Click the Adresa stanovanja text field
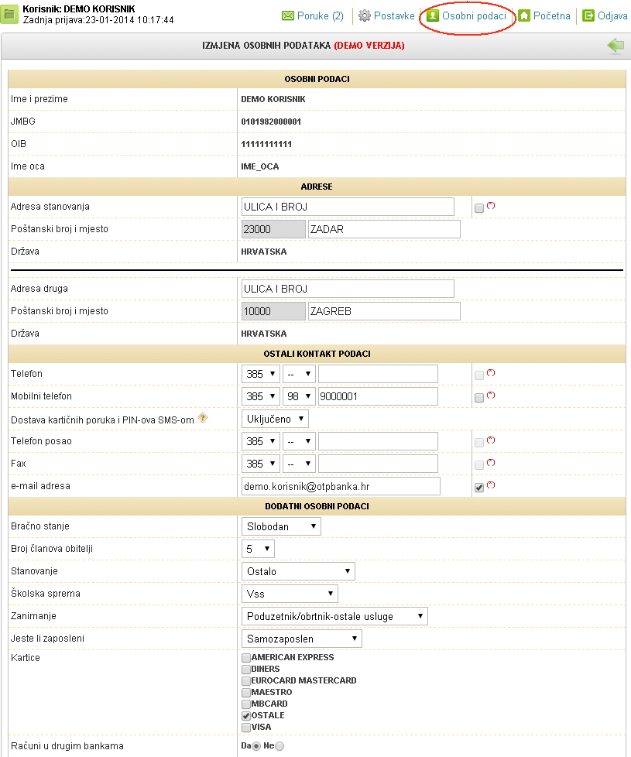348,207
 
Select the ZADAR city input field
383,229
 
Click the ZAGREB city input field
383,311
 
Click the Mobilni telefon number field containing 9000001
378,396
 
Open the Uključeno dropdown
275,419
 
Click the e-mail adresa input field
341,486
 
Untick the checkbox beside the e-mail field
479,488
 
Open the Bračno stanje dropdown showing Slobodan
281,526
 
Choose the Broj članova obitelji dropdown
258,549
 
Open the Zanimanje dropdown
334,616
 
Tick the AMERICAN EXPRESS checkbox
246,658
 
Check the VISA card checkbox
246,728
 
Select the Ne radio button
279,746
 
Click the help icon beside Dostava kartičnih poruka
203,418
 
